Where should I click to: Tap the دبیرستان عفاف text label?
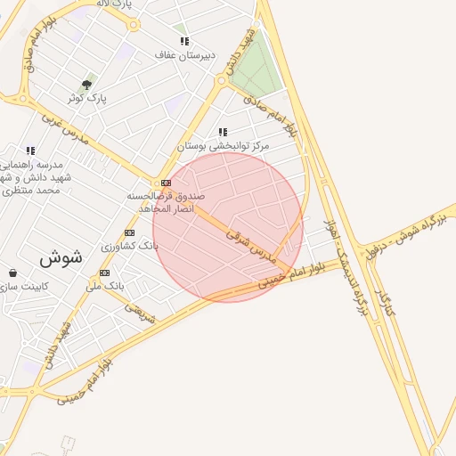tap(185, 55)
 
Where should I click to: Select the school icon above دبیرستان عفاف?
tap(184, 41)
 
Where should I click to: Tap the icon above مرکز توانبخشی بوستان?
tap(222, 132)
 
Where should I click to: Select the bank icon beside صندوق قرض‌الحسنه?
tap(166, 183)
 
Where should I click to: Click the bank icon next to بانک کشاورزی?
tap(130, 232)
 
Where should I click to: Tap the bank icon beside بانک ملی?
tap(105, 273)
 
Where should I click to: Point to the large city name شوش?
tap(61, 258)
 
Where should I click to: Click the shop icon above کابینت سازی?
tap(12, 273)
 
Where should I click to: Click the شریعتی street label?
tap(140, 313)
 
